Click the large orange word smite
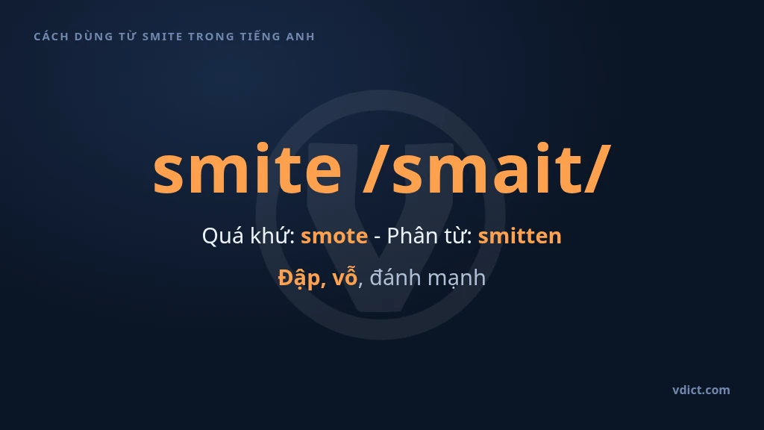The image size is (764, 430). pos(247,168)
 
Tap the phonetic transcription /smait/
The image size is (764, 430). pos(486,169)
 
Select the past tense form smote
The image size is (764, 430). pos(334,236)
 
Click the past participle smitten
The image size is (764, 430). pos(519,235)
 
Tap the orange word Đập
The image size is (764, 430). pos(301,278)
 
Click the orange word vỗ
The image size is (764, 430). pos(345,277)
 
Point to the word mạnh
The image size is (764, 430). pos(457,278)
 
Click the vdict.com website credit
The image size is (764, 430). pos(701,390)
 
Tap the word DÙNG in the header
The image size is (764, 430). pos(93,37)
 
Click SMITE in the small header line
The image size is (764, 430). pos(162,37)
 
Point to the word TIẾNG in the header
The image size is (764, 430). pos(260,36)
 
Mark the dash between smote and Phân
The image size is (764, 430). pos(377,237)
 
